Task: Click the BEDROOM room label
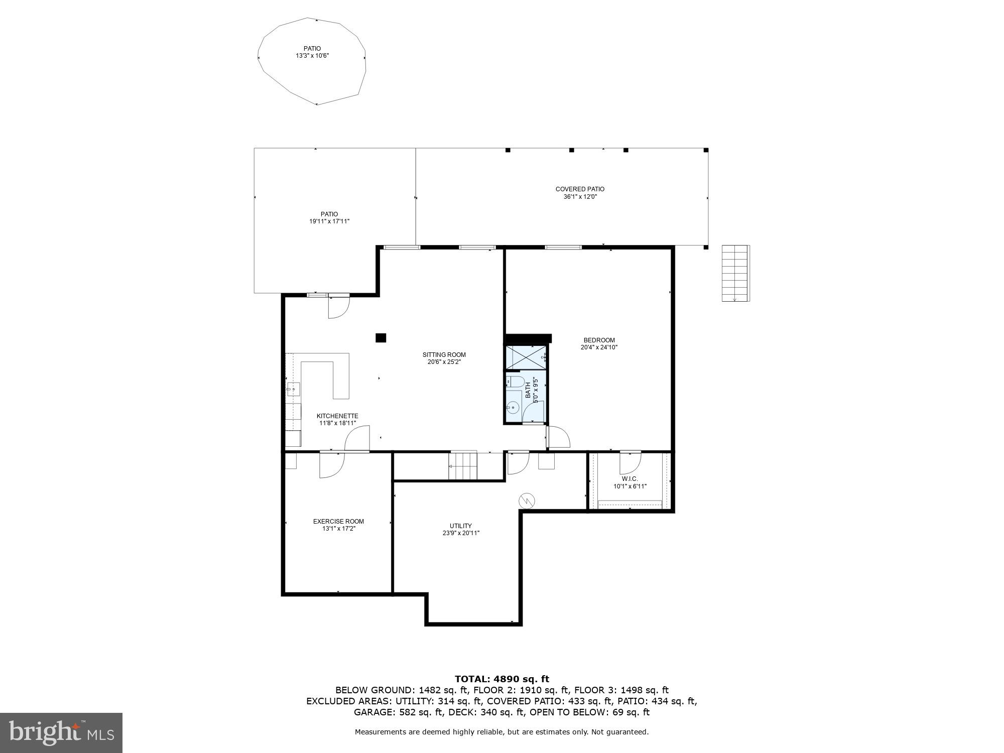coord(599,340)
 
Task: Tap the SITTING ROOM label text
coord(444,355)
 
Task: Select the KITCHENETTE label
coord(337,416)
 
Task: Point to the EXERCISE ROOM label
coord(338,522)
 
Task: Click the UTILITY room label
coord(460,526)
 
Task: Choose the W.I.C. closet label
coord(630,479)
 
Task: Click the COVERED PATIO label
coord(580,189)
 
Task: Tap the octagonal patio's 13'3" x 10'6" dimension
coord(312,56)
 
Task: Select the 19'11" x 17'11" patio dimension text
coord(329,221)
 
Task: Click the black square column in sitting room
coord(381,338)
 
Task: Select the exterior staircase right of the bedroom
coord(735,273)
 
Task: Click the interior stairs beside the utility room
coord(463,466)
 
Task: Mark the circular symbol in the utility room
coord(527,500)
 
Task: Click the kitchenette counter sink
coord(293,389)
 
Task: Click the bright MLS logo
coord(61,733)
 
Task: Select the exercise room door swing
coord(332,465)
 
